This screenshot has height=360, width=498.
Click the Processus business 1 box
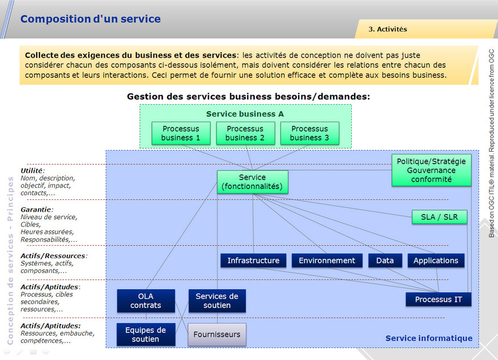pos(181,133)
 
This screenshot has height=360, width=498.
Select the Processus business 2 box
pos(245,133)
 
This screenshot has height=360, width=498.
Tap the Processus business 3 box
pos(309,133)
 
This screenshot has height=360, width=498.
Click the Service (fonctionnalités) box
pos(252,182)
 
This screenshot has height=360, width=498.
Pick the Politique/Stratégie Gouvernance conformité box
pos(431,170)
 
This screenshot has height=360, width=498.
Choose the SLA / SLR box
pos(440,217)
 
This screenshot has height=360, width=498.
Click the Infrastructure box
pos(253,260)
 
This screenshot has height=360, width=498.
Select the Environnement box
pos(327,260)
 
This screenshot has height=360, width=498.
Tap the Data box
pos(385,260)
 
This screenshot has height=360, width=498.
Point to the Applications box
pos(436,260)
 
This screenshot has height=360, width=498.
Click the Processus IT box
pos(439,299)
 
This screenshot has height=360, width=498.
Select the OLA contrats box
pos(146,301)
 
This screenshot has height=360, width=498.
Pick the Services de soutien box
pos(217,301)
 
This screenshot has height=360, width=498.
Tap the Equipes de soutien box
pos(146,335)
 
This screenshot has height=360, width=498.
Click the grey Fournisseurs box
pos(217,335)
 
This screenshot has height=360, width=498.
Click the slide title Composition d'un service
pos(91,19)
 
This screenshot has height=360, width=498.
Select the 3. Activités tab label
pos(388,29)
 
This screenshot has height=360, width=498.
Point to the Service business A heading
pos(245,114)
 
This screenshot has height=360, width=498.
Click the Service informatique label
pos(429,338)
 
